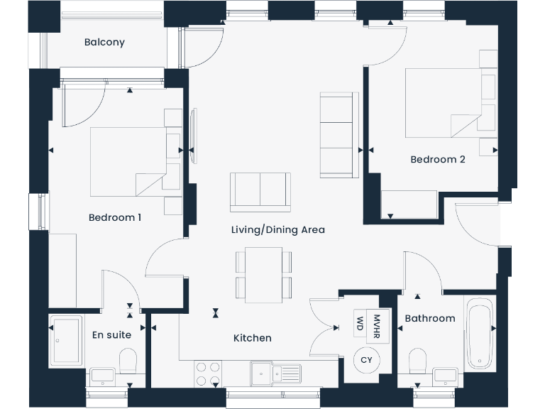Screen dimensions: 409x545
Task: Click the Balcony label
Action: [x=104, y=42]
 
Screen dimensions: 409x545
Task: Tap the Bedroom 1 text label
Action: [x=114, y=217]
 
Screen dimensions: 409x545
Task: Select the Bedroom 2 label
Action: [x=438, y=159]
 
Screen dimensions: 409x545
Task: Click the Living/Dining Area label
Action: [x=278, y=229]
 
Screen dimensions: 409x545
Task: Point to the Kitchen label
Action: [x=253, y=338]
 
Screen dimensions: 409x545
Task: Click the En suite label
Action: [x=112, y=334]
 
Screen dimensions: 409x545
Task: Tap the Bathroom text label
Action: [x=430, y=318]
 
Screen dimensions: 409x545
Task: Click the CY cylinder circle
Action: [x=366, y=361]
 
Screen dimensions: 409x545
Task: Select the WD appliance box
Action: [x=360, y=325]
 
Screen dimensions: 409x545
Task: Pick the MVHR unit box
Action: [x=377, y=325]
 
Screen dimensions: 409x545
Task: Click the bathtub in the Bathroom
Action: [x=480, y=332]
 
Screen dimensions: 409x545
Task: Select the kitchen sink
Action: [x=276, y=371]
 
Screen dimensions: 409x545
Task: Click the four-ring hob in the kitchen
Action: [x=207, y=373]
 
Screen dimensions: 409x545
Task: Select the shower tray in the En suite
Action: [x=69, y=342]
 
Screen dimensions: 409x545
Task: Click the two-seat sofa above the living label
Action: [x=260, y=191]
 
